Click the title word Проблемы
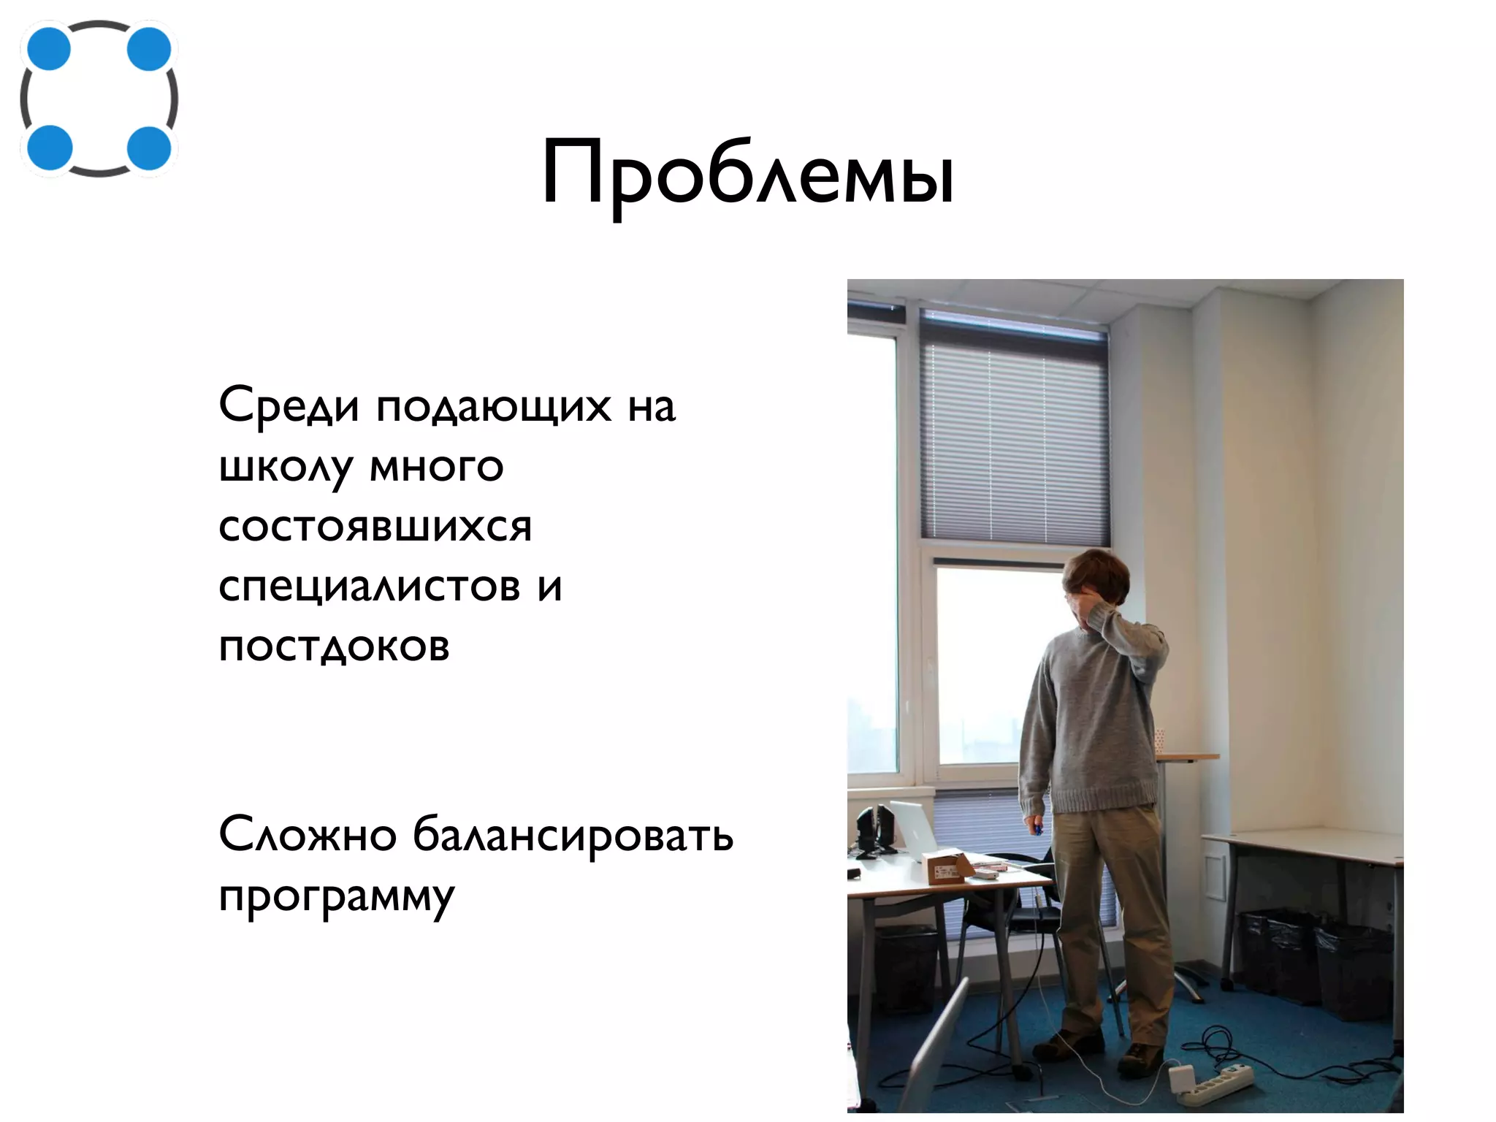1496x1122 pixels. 747,175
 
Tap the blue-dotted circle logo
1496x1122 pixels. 99,99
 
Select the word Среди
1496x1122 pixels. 289,406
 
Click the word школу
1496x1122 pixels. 286,468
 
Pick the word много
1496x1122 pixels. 437,467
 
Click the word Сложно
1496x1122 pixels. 308,834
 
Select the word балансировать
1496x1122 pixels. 573,834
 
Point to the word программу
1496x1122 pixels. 337,898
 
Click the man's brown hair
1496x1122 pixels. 1096,573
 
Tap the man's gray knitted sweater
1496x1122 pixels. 1088,723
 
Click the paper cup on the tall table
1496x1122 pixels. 1159,739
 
